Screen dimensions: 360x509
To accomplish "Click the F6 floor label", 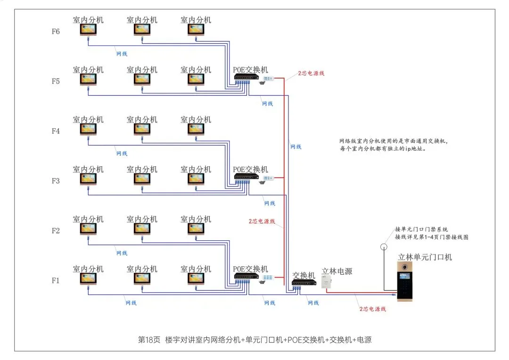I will click(x=56, y=32).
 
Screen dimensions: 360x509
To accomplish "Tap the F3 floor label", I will click(x=56, y=181).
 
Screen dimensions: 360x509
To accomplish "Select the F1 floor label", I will click(x=56, y=281).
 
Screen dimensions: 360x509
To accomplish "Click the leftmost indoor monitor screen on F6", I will click(x=88, y=30).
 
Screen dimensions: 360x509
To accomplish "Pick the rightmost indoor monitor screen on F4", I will click(x=196, y=129).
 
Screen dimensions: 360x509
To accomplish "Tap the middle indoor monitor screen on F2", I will click(x=142, y=229).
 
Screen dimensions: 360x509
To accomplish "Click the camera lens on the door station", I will click(x=404, y=268).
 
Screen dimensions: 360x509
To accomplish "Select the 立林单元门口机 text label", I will click(x=425, y=257).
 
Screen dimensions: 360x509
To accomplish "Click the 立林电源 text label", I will click(x=337, y=271).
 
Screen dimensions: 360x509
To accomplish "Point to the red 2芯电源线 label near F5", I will click(x=311, y=74).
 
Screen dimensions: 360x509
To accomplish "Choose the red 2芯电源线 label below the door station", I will click(x=373, y=309).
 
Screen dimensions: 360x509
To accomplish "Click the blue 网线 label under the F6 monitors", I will click(x=122, y=54).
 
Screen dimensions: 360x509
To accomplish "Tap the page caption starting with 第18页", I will click(x=254, y=340).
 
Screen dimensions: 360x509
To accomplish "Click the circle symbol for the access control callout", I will click(x=384, y=246).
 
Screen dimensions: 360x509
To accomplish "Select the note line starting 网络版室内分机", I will click(x=393, y=141).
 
